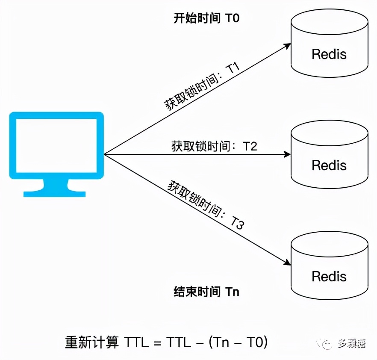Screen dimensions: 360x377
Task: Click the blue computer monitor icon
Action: coord(56,154)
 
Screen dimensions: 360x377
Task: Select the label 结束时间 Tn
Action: coord(206,292)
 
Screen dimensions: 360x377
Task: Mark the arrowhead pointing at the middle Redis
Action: coord(287,154)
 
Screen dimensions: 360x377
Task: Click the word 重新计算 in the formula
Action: coord(92,342)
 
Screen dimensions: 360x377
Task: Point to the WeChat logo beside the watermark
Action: coord(328,344)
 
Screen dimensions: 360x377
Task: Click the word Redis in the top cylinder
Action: coord(329,54)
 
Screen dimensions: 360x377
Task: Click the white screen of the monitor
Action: coord(56,145)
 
